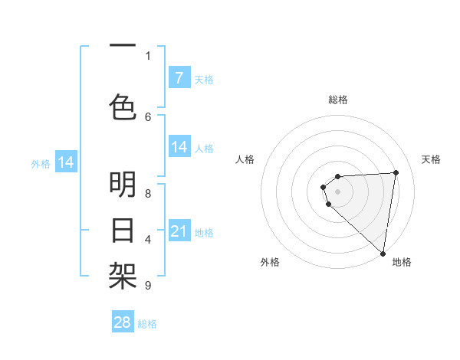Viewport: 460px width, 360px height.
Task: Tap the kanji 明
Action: [123, 185]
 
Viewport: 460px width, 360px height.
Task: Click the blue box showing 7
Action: [179, 78]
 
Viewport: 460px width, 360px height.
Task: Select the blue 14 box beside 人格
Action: [179, 147]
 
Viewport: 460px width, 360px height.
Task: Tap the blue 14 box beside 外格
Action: [66, 162]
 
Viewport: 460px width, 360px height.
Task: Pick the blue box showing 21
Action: [179, 231]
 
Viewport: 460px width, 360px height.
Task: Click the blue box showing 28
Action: [123, 322]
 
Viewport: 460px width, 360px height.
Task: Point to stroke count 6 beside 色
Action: [148, 116]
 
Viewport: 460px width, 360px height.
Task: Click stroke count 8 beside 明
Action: [148, 193]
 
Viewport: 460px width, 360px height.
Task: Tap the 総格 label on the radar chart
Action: [338, 100]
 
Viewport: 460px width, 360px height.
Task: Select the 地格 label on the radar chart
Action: [402, 262]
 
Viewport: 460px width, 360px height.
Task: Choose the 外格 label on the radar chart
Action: [269, 262]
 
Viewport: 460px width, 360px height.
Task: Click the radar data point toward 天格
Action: [396, 172]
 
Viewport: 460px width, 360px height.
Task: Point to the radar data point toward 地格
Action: [383, 254]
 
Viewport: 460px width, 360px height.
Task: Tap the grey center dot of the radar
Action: [338, 191]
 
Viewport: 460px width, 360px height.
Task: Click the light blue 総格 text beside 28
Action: [147, 324]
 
